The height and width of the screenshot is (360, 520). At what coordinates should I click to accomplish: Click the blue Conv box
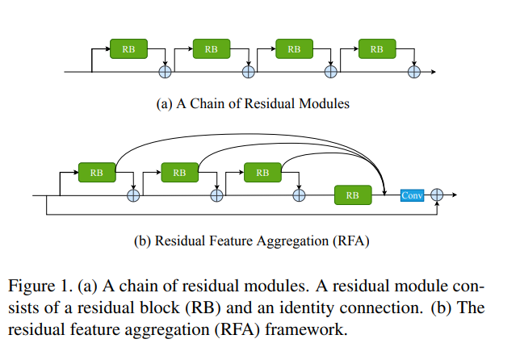pos(412,195)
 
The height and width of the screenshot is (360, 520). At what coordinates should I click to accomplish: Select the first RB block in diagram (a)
pos(128,48)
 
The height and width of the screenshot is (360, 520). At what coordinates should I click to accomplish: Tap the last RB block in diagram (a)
pos(377,48)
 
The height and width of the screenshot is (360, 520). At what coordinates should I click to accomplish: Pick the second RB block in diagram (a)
pos(212,48)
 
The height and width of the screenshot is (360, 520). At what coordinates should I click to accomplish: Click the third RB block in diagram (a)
pos(294,48)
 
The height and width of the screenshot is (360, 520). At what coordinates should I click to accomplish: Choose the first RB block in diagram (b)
pos(97,173)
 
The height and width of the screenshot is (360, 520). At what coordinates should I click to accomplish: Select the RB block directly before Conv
pos(353,195)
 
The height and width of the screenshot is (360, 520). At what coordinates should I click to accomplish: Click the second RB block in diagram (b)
pos(180,173)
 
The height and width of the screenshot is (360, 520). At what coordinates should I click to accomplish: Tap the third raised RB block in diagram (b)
pos(262,173)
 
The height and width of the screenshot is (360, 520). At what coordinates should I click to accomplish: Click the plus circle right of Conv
pos(437,195)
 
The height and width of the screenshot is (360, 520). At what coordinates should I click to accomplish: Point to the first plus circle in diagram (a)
pos(166,72)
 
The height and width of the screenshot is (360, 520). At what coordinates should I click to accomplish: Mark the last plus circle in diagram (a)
pos(414,72)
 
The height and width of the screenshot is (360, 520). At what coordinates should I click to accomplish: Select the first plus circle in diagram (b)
pos(133,195)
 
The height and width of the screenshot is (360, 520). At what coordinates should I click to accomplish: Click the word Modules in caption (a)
pos(324,103)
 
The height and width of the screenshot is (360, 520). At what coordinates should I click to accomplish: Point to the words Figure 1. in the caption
pos(40,286)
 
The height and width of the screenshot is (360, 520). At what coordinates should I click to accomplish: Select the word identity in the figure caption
pos(308,308)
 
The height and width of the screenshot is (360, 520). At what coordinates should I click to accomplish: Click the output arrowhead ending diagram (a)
pos(434,72)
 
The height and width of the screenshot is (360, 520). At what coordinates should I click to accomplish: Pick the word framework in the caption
pos(306,329)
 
